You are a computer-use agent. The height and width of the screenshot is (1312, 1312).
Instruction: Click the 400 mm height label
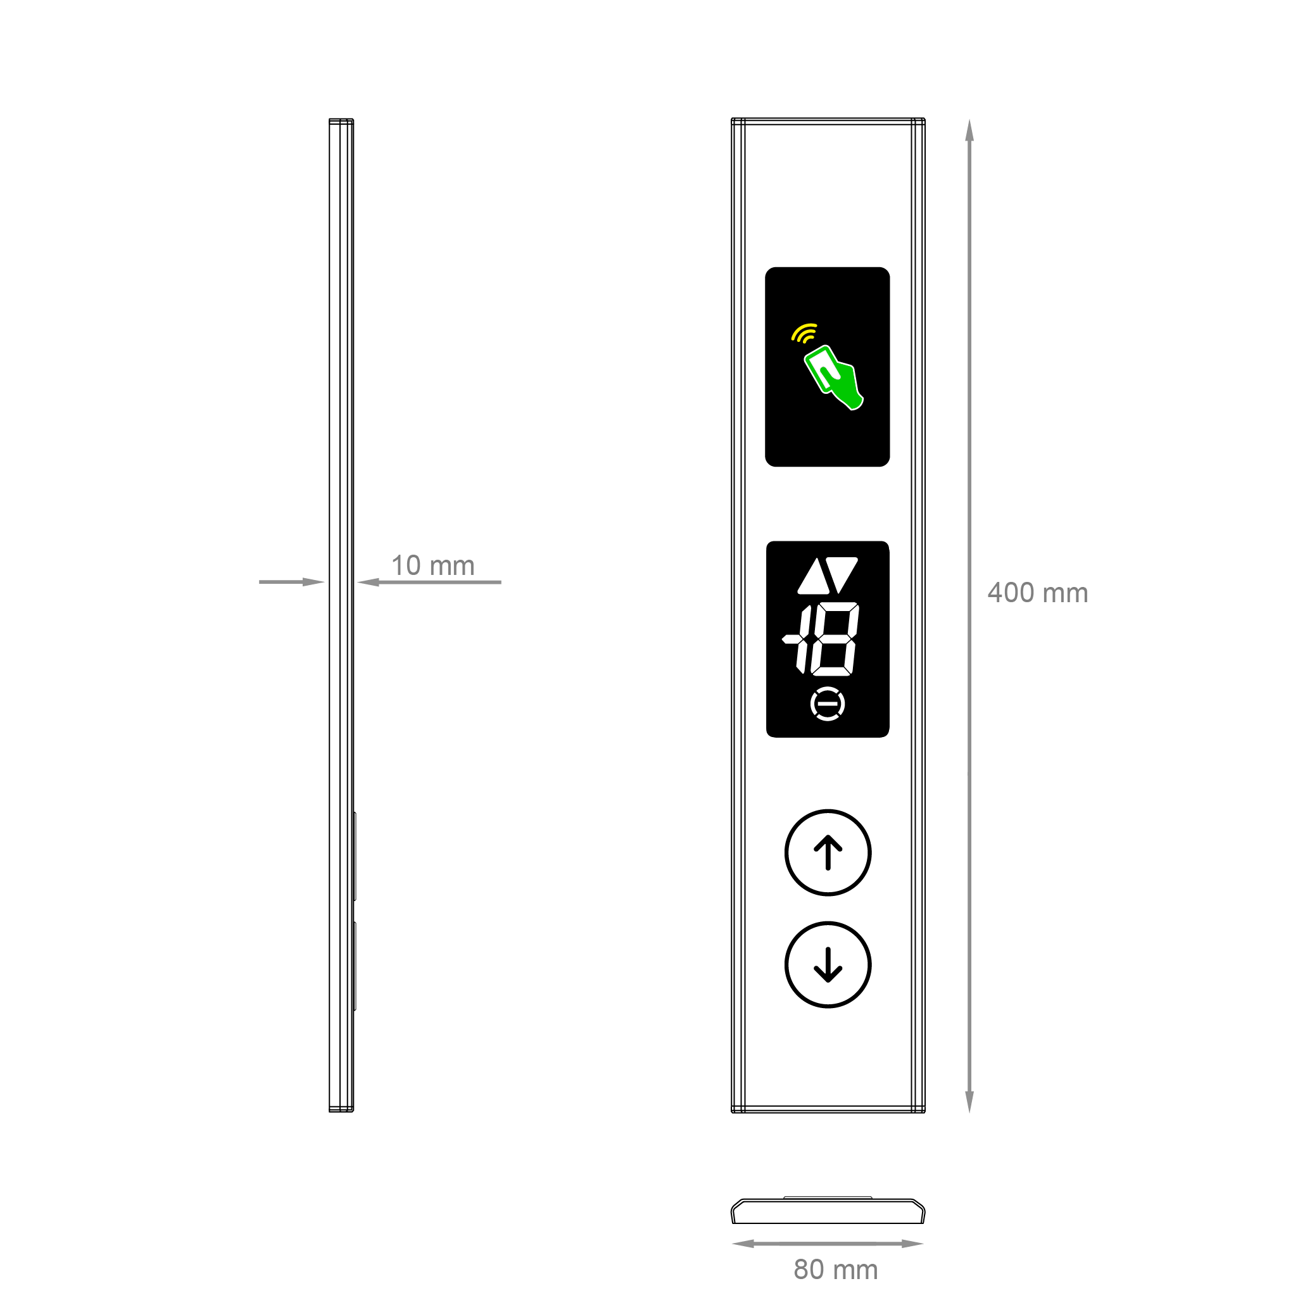1037,593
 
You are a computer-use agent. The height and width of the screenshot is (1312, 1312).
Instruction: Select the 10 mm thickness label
432,565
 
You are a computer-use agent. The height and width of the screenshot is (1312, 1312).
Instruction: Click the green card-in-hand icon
833,377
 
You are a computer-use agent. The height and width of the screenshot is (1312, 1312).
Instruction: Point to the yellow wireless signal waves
805,333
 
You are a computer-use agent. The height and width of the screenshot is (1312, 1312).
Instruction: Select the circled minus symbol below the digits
828,703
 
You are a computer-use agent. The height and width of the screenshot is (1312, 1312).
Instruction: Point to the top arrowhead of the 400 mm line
969,129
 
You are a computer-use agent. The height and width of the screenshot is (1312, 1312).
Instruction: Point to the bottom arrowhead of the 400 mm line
969,1102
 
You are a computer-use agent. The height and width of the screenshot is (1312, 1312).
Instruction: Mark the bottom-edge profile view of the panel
828,1211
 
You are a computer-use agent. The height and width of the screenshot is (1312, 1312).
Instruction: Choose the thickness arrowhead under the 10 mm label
367,582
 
